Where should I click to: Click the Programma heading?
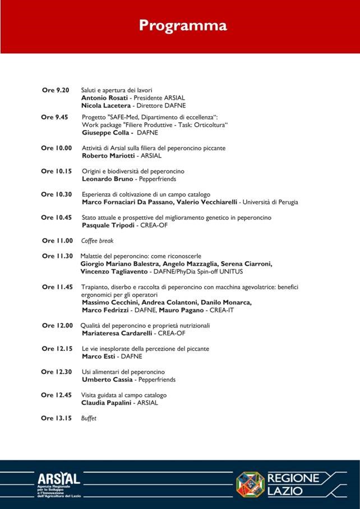(183, 26)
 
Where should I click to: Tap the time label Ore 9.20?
(56, 90)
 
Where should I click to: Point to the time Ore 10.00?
(57, 148)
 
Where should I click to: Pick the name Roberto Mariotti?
(109, 156)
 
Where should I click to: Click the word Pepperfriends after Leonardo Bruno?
(158, 179)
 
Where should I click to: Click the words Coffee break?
(97, 240)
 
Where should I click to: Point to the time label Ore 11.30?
(57, 256)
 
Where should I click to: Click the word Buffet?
(89, 418)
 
